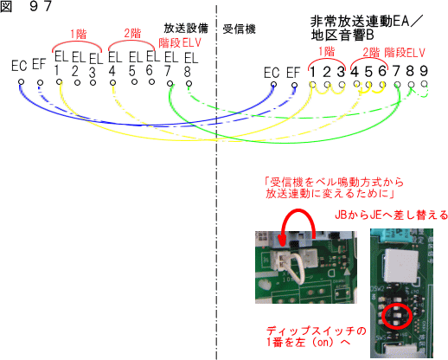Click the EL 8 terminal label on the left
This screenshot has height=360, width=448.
point(191,65)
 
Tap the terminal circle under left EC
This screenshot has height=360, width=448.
point(21,82)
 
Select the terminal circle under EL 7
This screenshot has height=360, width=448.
point(170,84)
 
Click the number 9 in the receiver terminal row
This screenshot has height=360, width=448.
point(424,71)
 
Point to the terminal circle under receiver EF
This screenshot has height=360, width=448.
point(294,85)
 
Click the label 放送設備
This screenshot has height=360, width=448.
point(186,29)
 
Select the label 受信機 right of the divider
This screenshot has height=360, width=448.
point(239,29)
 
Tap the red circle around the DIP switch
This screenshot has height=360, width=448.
point(397,316)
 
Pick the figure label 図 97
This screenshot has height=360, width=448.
point(26,6)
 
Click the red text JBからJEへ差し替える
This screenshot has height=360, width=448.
point(391,215)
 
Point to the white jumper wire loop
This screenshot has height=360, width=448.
point(297,270)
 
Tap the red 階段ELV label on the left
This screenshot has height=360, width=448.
point(180,43)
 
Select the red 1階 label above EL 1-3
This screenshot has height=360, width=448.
point(78,35)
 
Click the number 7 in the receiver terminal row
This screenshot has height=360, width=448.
point(396,71)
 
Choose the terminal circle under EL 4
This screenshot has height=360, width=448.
point(112,83)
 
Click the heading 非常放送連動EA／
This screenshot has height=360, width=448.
point(367,22)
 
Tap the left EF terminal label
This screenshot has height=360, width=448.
point(39,64)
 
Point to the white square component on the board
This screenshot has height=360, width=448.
point(401,265)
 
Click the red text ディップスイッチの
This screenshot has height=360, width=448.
point(316,331)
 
